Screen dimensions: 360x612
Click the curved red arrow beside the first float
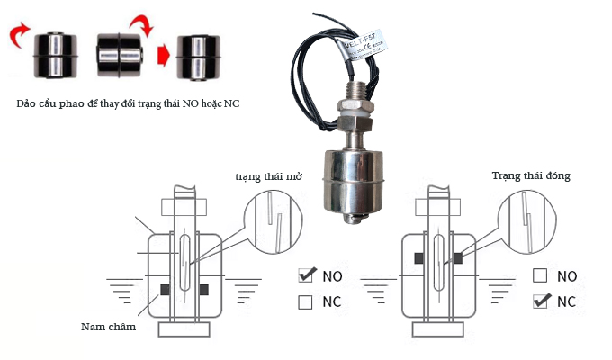pyautogui.click(x=18, y=39)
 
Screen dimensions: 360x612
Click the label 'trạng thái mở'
pyautogui.click(x=267, y=177)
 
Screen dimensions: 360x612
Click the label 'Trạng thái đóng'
pyautogui.click(x=532, y=175)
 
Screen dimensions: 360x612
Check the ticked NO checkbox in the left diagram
pyautogui.click(x=306, y=274)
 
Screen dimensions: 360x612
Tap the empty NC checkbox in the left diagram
pyautogui.click(x=306, y=301)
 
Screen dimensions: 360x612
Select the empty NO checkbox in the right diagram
pyautogui.click(x=540, y=275)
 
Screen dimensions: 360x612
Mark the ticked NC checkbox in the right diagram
pyautogui.click(x=541, y=301)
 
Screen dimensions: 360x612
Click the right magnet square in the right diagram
pyautogui.click(x=458, y=258)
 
